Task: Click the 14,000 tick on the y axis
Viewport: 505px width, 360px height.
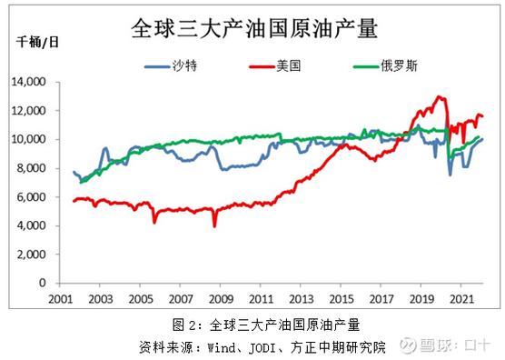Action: (x=30, y=82)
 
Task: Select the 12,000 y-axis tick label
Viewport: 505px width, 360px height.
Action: (x=30, y=111)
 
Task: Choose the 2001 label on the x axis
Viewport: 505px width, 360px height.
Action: (x=60, y=298)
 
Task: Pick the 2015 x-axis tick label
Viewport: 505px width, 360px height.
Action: (x=342, y=298)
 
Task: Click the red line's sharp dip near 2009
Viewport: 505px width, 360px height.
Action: (x=214, y=225)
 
